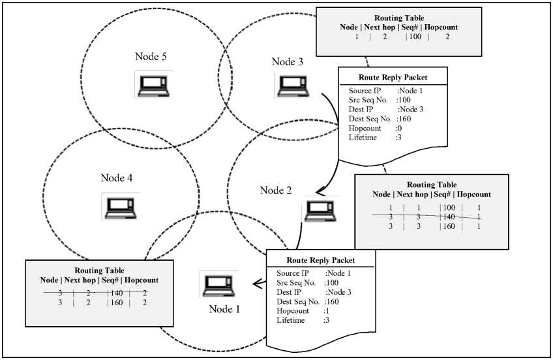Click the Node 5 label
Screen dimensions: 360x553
tap(151, 57)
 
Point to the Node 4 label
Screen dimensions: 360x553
tap(117, 177)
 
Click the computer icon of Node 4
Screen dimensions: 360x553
tap(121, 206)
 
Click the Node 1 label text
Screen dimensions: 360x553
tap(224, 309)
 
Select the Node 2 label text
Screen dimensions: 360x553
tap(276, 190)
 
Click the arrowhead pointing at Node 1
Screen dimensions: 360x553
tap(256, 283)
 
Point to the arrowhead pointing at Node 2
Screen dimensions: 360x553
tap(320, 192)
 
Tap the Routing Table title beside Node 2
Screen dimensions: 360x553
tap(431, 185)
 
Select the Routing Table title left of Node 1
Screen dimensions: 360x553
tap(99, 270)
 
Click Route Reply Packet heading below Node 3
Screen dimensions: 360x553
tap(393, 77)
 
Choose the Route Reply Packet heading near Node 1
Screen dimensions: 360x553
tap(321, 259)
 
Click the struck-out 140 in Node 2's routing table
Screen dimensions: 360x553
tap(448, 216)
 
